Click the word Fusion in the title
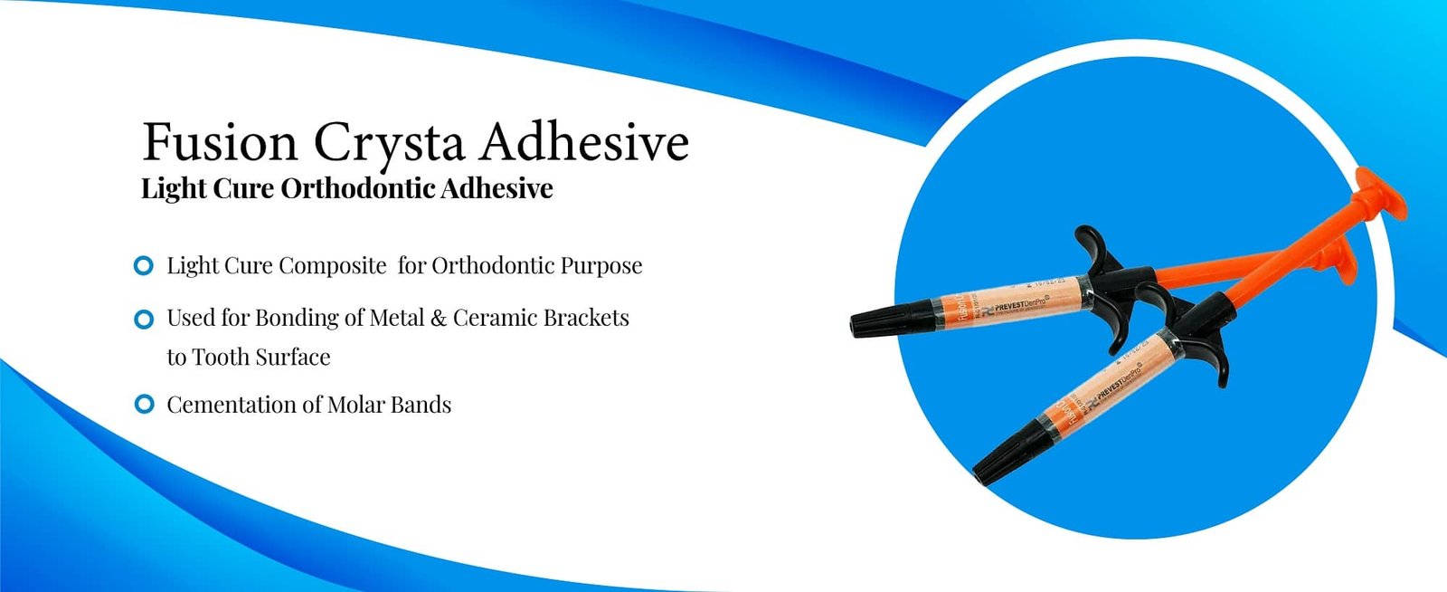coord(220,143)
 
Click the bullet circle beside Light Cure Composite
coord(143,266)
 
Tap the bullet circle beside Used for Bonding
coord(143,319)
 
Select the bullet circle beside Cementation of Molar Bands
coord(143,405)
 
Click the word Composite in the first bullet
coord(332,266)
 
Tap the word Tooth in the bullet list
coord(221,358)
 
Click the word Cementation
coord(232,405)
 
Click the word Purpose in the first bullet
coord(601,266)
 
